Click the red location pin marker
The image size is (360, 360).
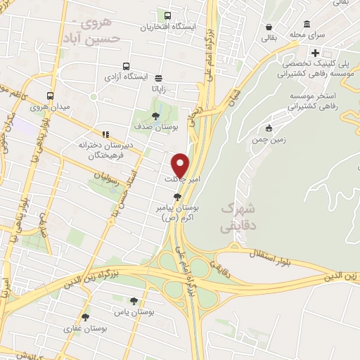[x=181, y=165]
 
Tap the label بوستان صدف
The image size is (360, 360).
[x=156, y=127]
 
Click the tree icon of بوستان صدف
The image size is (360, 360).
[x=156, y=117]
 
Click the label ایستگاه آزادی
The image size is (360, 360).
[x=127, y=74]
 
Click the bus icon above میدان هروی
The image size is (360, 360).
[x=49, y=96]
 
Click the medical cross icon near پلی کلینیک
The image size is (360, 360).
[x=316, y=53]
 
